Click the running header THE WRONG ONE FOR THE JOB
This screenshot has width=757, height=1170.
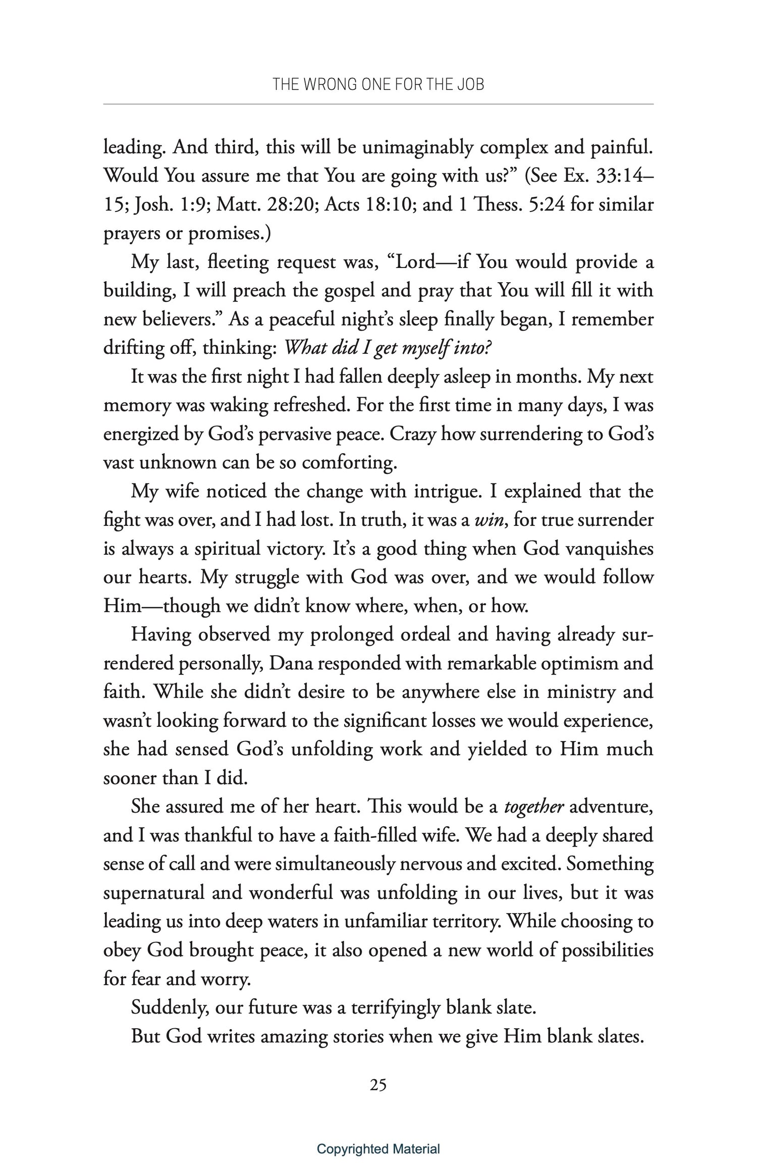tap(378, 84)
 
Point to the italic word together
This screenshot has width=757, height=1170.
tap(534, 807)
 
